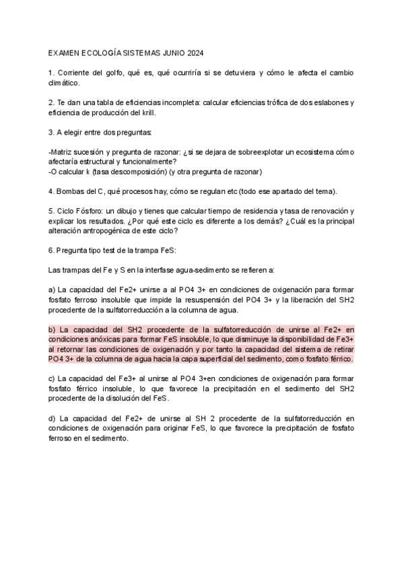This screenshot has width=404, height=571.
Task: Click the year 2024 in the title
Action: (x=195, y=53)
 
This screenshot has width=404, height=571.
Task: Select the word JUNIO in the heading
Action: (x=168, y=53)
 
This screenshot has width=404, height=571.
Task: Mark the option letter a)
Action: (x=53, y=290)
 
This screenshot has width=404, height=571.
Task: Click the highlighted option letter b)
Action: (x=53, y=330)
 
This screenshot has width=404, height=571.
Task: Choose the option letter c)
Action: (x=53, y=379)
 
